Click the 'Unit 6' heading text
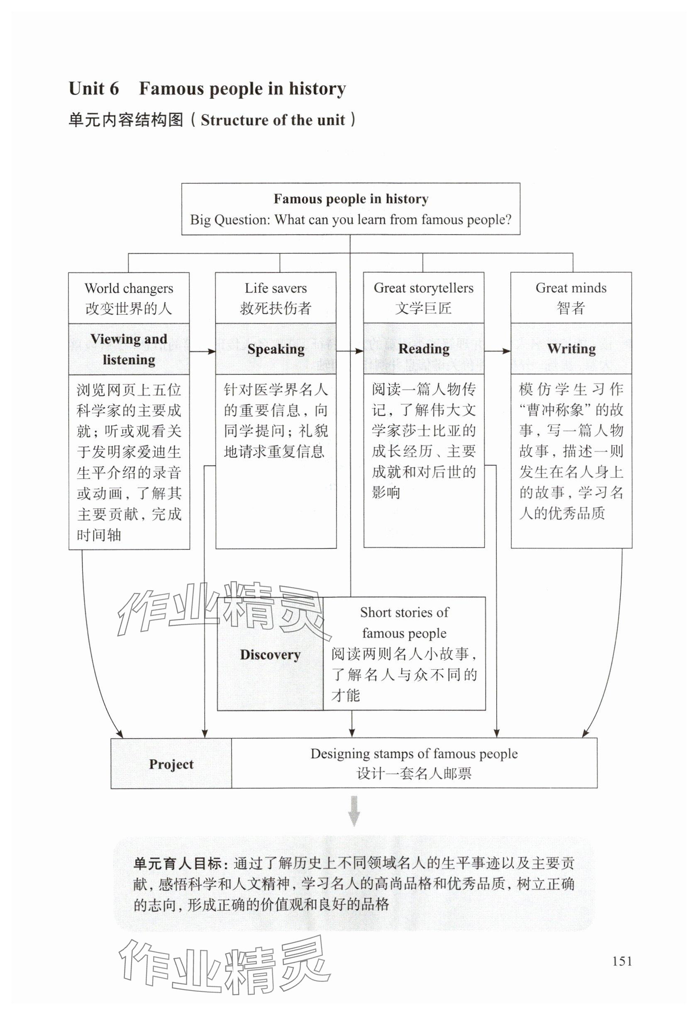94,89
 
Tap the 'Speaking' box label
276,349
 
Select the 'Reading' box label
424,349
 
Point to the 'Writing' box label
571,349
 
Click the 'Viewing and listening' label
129,349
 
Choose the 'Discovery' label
270,654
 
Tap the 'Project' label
171,764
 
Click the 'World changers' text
129,289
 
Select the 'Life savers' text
276,289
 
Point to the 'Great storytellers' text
423,289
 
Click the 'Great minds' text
571,289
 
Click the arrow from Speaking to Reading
350,351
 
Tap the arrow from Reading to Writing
498,351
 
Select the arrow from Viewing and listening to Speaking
203,351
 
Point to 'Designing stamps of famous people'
414,754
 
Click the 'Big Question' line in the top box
350,219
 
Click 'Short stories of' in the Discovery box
404,612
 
